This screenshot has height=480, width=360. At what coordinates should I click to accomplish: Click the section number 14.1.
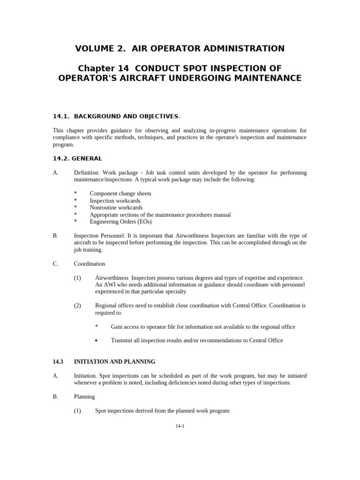point(61,116)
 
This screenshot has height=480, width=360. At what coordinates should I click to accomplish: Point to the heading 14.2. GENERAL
point(77,158)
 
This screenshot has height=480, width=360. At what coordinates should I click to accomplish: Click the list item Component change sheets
point(120,194)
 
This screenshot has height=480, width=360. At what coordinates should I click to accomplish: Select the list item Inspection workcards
point(115,201)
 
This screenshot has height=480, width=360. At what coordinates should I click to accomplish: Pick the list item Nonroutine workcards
point(116,208)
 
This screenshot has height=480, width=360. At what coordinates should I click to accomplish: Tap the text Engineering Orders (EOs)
point(120,222)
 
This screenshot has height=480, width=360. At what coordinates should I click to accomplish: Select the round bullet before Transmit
point(97,341)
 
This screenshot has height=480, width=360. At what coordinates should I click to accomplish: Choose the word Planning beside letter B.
point(84,397)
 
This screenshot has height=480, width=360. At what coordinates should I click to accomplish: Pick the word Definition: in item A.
point(87,173)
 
